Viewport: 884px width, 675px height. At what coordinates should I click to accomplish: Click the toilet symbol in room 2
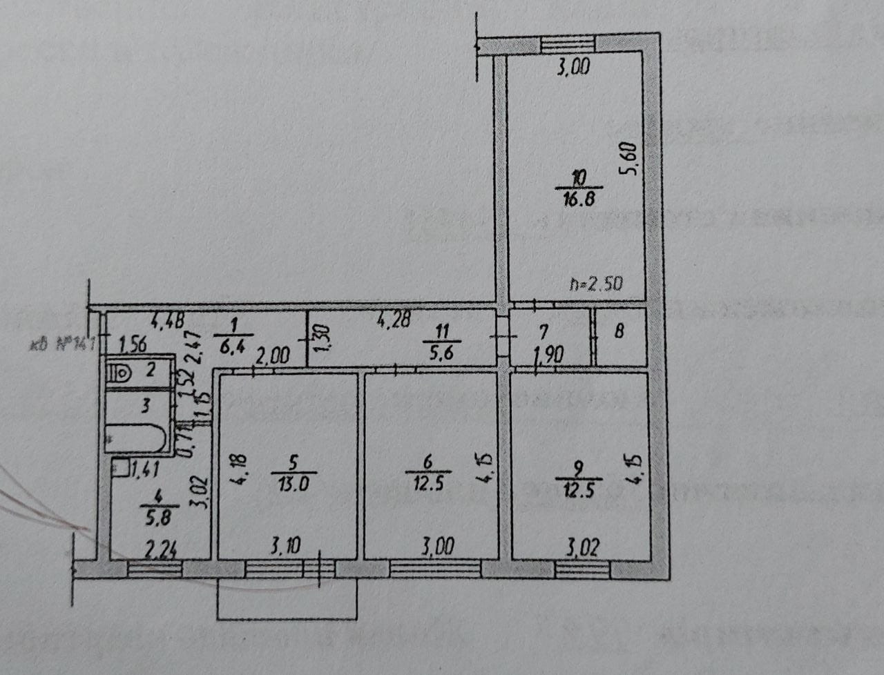pyautogui.click(x=122, y=373)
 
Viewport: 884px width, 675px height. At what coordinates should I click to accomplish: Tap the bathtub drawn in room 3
pyautogui.click(x=135, y=438)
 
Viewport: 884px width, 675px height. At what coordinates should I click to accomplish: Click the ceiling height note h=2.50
pyautogui.click(x=597, y=283)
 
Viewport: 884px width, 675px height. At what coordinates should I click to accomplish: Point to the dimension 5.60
pyautogui.click(x=629, y=160)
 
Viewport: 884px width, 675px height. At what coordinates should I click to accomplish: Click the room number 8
pyautogui.click(x=619, y=331)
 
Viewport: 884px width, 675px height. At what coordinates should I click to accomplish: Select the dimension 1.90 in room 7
pyautogui.click(x=550, y=355)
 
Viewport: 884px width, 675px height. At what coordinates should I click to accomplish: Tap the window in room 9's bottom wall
pyautogui.click(x=582, y=569)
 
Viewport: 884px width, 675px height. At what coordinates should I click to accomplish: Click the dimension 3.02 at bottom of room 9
pyautogui.click(x=582, y=548)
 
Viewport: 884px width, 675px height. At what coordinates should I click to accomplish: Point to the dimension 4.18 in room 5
pyautogui.click(x=235, y=470)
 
